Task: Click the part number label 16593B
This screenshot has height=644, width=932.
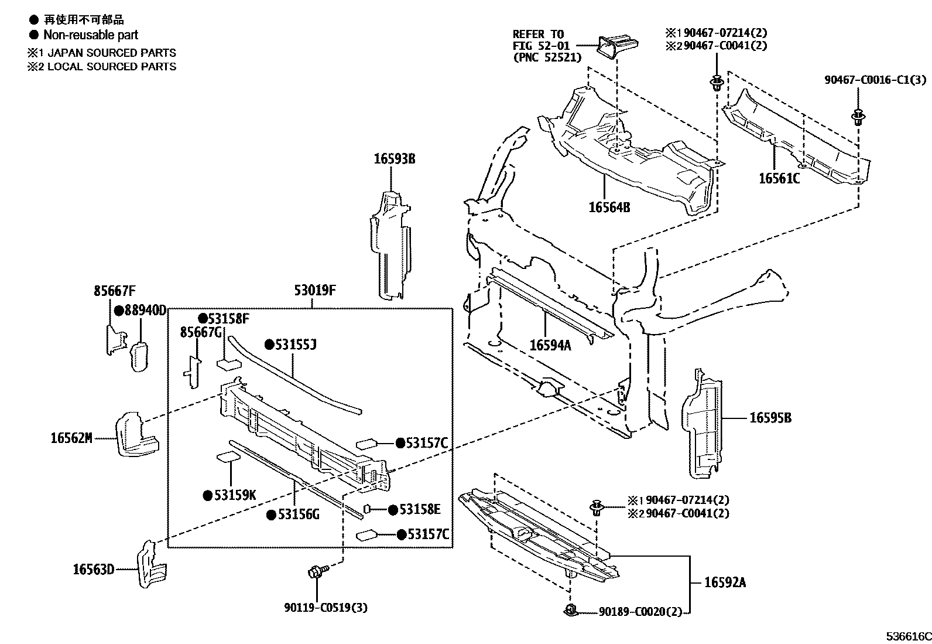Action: (x=395, y=158)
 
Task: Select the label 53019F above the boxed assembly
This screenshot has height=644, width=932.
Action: (x=314, y=290)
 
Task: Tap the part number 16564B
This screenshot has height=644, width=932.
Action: (x=609, y=207)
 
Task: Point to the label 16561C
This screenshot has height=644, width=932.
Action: (x=779, y=179)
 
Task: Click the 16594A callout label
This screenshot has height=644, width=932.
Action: (x=550, y=345)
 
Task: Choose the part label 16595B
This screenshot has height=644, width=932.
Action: (x=770, y=418)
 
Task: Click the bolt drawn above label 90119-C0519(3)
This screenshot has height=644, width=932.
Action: (x=315, y=572)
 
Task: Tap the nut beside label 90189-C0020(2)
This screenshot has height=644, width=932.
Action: (x=571, y=611)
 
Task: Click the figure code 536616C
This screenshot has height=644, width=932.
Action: (x=908, y=636)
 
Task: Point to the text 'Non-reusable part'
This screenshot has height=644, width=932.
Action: (x=91, y=35)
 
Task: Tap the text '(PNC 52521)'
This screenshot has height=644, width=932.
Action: (x=547, y=57)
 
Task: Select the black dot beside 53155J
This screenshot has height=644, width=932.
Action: (x=270, y=345)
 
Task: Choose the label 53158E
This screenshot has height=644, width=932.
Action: (x=419, y=509)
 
